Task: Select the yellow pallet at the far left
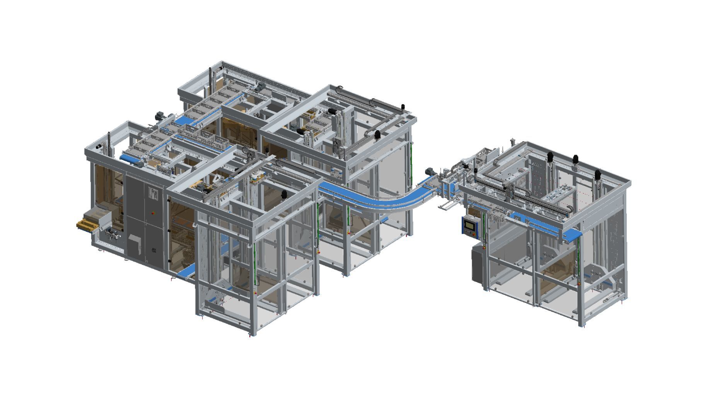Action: [x=86, y=224]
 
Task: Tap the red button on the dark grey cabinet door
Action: [x=154, y=212]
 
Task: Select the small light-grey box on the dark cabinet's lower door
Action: [x=135, y=244]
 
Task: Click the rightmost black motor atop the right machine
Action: [x=598, y=175]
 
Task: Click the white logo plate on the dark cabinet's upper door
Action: [x=153, y=194]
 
